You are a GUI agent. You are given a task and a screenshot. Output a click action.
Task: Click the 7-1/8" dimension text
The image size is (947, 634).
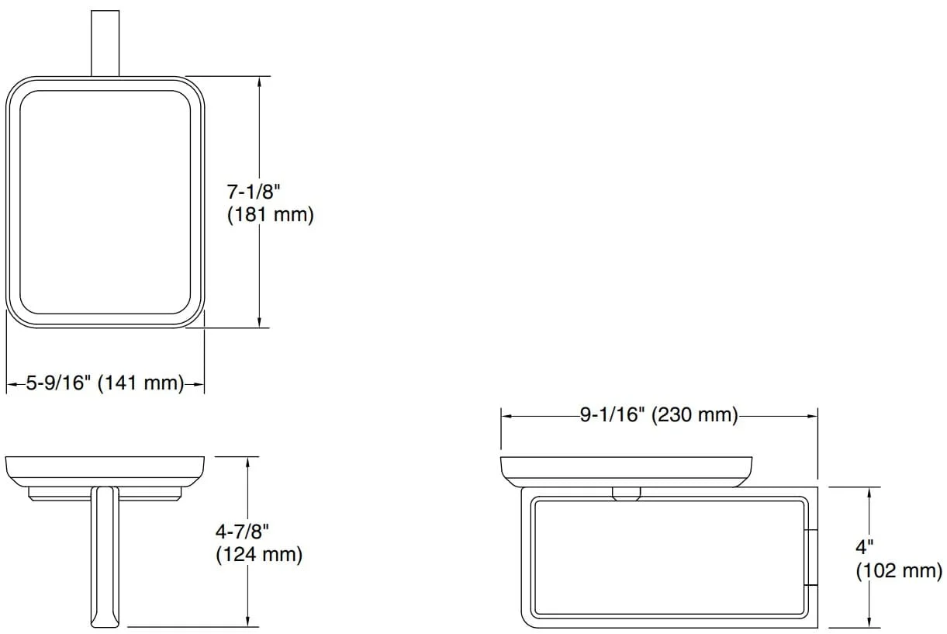tap(254, 192)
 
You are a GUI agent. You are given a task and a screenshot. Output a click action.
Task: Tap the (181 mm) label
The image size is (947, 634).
tap(270, 215)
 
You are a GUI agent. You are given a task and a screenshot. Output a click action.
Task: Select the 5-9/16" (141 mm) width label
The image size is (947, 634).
tap(105, 383)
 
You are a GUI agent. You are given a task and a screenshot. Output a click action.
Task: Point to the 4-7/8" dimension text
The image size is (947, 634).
tap(242, 532)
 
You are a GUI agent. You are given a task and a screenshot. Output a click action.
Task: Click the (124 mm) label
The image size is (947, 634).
tap(259, 555)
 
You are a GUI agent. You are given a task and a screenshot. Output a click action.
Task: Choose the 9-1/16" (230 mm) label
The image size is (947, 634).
tap(658, 415)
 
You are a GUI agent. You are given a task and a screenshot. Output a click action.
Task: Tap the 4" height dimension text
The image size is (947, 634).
tap(864, 547)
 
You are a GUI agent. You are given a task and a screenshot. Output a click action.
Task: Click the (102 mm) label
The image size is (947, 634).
tap(899, 571)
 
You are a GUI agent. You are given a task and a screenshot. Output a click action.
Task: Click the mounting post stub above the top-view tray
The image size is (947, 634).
tap(105, 43)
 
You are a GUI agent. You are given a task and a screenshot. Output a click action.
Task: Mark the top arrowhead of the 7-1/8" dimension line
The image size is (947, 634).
tap(259, 81)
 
